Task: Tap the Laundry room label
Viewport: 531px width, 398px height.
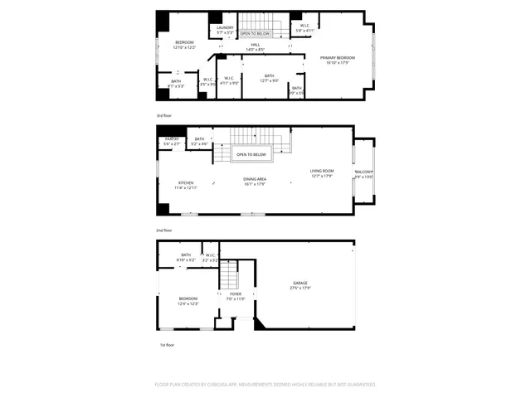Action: pyautogui.click(x=226, y=28)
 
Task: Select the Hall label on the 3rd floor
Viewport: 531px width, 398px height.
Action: pyautogui.click(x=256, y=45)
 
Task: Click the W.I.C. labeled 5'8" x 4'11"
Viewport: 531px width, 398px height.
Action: pyautogui.click(x=306, y=29)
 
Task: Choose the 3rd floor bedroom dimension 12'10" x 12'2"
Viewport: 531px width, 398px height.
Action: pyautogui.click(x=184, y=47)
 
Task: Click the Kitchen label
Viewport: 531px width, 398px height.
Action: pyautogui.click(x=186, y=182)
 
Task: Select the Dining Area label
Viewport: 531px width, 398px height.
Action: pyautogui.click(x=255, y=179)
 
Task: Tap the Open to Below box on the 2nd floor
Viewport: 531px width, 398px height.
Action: pyautogui.click(x=251, y=154)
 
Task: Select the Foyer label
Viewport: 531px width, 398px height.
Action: pyautogui.click(x=236, y=294)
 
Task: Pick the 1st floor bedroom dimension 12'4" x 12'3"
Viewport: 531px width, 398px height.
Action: pyautogui.click(x=188, y=303)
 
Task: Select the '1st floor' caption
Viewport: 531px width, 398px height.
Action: pyautogui.click(x=167, y=344)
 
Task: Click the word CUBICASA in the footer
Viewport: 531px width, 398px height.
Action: pyautogui.click(x=237, y=385)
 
